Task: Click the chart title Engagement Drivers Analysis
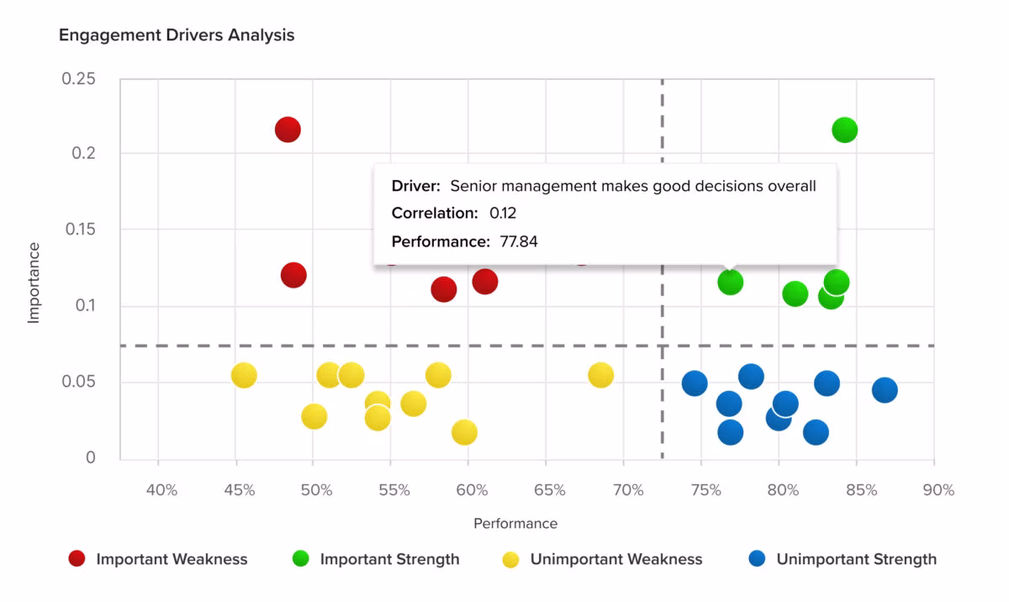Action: pos(177,35)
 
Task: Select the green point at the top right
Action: pos(844,130)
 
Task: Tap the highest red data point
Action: pos(288,129)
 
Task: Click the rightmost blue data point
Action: pos(885,390)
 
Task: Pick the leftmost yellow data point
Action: pos(244,375)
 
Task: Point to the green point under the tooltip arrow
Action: pos(730,283)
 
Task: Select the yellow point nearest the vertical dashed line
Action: pos(601,375)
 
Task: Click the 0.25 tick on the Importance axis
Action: pos(78,79)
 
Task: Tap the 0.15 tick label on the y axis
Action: pos(80,230)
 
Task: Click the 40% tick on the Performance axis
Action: pos(161,490)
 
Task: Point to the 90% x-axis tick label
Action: pos(938,490)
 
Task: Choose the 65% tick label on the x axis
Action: pos(550,490)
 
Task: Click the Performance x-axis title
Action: pos(515,523)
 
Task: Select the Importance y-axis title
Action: pos(34,283)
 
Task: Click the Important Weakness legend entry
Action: pos(158,559)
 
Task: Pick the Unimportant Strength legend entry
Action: pos(843,559)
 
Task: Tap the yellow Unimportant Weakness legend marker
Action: pos(511,560)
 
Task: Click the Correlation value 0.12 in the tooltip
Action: pos(503,213)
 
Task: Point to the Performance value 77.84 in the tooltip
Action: pos(519,242)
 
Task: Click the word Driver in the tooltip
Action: pos(414,186)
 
